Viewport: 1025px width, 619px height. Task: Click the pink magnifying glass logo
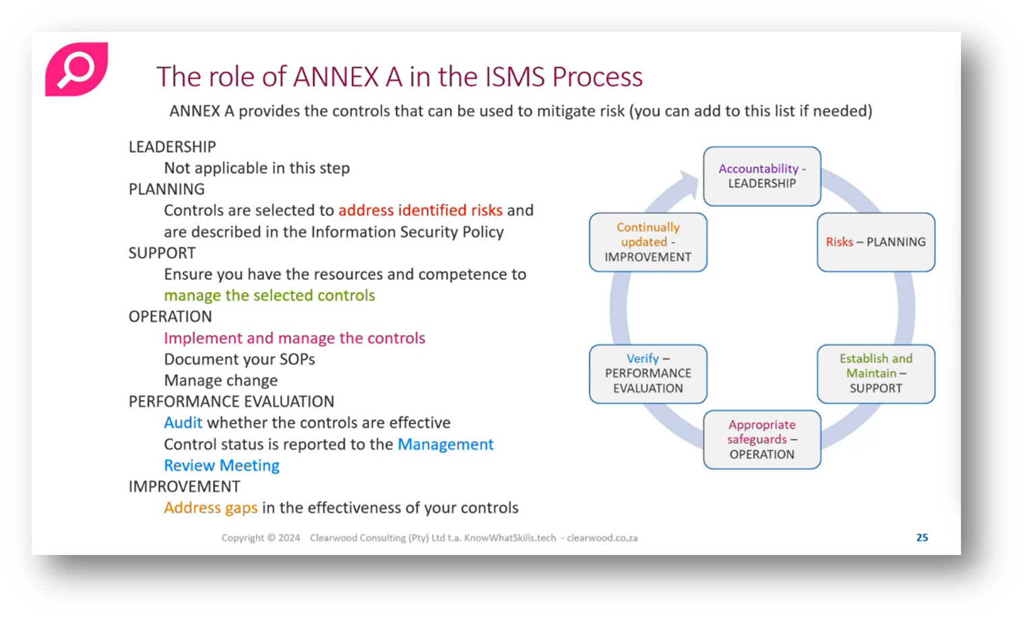[x=76, y=69]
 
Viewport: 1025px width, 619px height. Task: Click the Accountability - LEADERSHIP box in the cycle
[x=762, y=176]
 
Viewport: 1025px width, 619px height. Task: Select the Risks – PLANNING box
[x=875, y=242]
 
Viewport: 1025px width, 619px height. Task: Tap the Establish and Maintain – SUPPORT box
[x=875, y=374]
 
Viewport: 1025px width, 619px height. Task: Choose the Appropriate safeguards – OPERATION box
[x=762, y=440]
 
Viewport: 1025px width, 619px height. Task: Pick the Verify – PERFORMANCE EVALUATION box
[x=648, y=374]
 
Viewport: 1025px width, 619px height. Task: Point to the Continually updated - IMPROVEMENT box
[x=648, y=242]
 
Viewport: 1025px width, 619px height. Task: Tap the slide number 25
[x=922, y=537]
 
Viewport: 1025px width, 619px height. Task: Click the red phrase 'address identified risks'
[x=420, y=210]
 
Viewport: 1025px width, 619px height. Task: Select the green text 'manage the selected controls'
[x=269, y=295]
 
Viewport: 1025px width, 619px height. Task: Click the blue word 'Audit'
[x=183, y=423]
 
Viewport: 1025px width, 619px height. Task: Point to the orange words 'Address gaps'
[x=210, y=508]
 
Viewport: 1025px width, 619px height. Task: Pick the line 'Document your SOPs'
[x=239, y=359]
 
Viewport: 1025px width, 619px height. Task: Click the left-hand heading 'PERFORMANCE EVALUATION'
[x=231, y=402]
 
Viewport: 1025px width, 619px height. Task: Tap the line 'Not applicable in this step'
[x=257, y=168]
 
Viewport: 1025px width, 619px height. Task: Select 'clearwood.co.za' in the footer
[x=602, y=538]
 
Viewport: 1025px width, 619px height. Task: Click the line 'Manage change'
[x=220, y=380]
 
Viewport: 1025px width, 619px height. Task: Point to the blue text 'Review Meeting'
[x=221, y=465]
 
